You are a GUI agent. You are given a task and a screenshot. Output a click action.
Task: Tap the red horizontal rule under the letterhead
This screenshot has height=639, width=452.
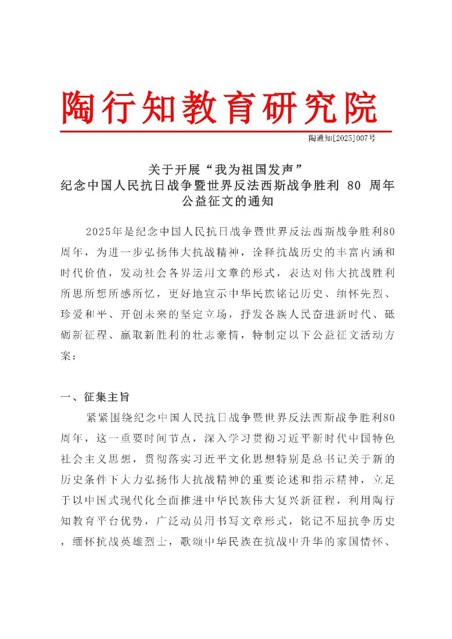click(x=226, y=131)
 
